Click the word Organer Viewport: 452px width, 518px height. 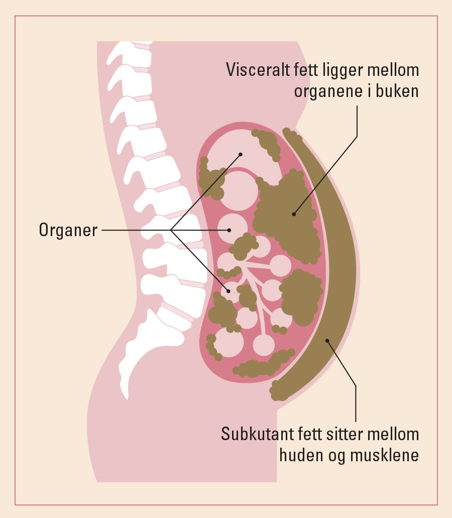[x=68, y=231]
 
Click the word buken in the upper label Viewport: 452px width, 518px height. [x=399, y=92]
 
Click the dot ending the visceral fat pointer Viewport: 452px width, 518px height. [x=294, y=214]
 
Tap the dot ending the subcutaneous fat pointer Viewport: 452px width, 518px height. [x=327, y=341]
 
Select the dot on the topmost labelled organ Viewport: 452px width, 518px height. [x=241, y=154]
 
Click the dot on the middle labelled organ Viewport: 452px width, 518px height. [x=229, y=230]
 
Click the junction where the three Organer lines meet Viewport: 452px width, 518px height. [x=171, y=231]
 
